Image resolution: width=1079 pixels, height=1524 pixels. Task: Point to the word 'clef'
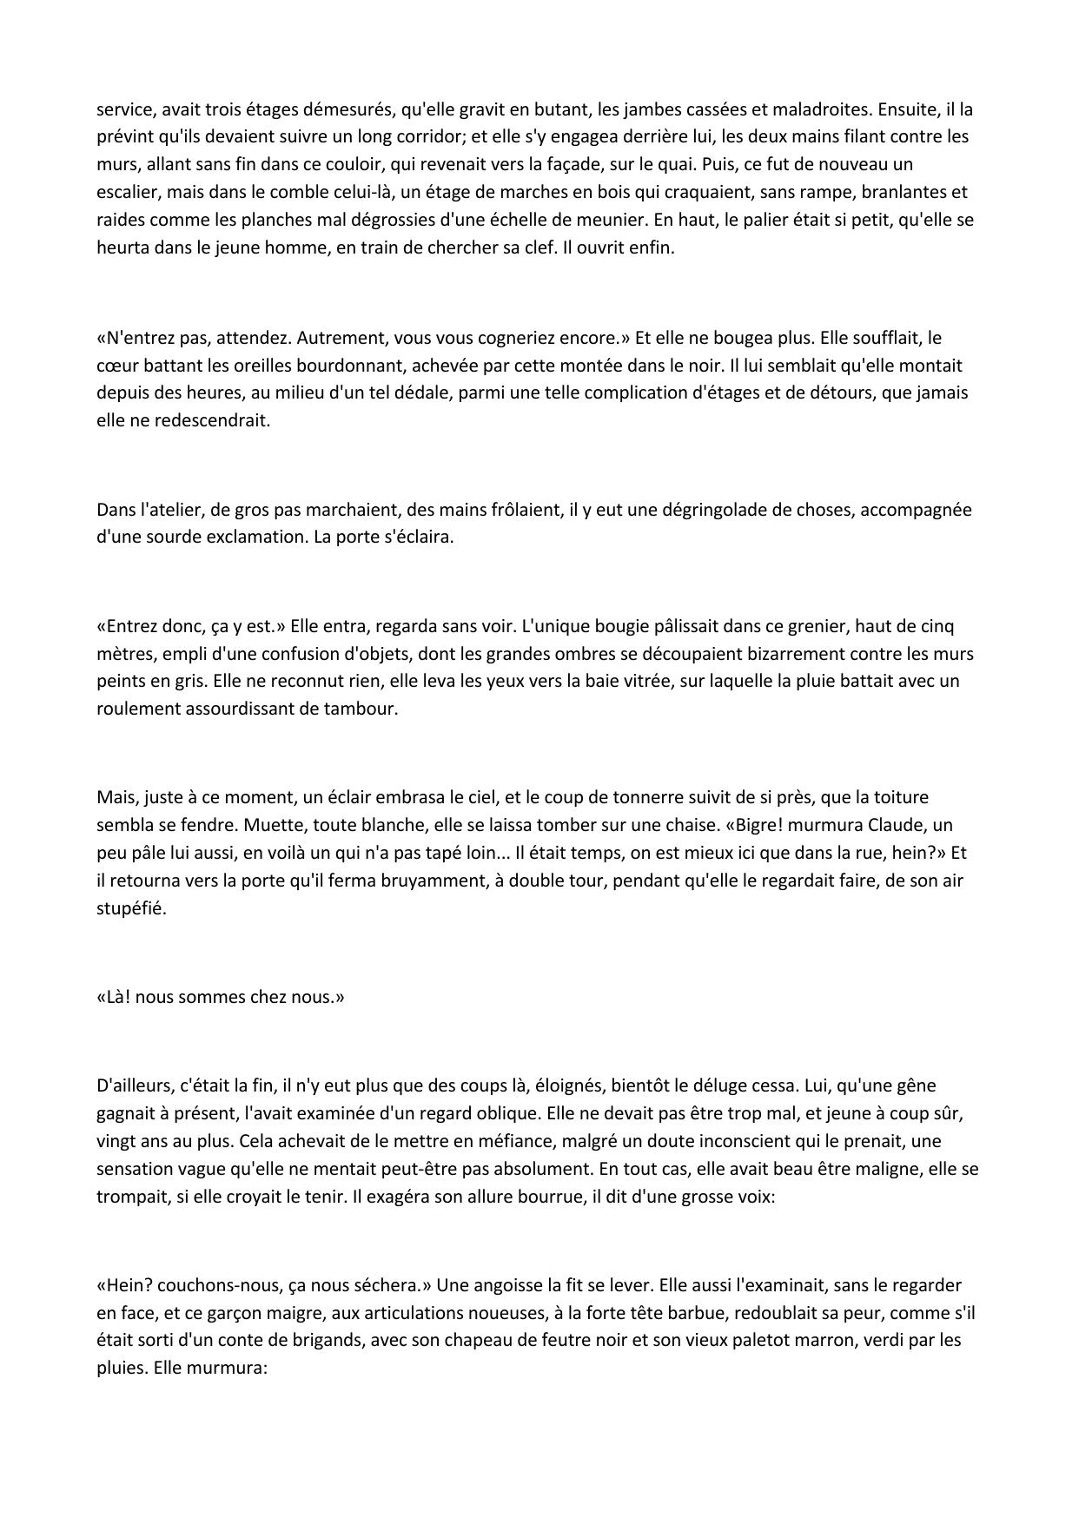(x=523, y=247)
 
